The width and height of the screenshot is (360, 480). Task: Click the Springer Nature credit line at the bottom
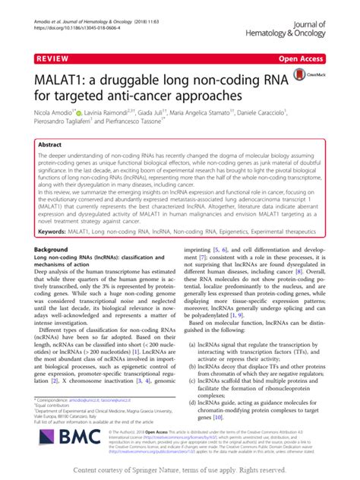coord(180,471)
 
